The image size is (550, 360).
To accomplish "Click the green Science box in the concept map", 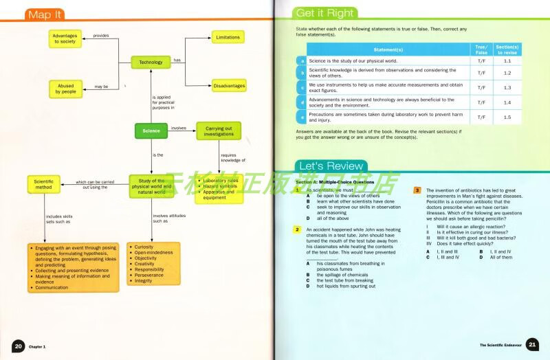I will click(151, 131).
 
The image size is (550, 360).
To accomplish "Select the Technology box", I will click(151, 62).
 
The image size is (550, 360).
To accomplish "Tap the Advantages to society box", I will click(67, 38).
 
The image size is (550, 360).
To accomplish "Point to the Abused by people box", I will click(67, 88).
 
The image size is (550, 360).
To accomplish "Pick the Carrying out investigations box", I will click(219, 131).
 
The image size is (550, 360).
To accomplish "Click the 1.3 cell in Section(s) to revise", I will click(507, 88).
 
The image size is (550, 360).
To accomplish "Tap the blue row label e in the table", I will click(301, 117).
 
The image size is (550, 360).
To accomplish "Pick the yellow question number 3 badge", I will click(417, 190).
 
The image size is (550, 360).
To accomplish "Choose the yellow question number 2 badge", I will click(298, 229).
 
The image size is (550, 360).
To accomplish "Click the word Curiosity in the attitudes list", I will click(145, 246).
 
